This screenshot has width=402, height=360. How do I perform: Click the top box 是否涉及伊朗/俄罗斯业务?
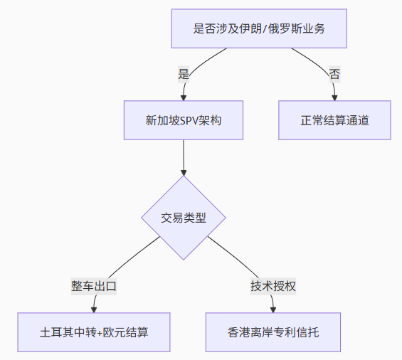pos(259,28)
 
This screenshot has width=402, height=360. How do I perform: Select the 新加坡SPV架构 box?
pos(184,120)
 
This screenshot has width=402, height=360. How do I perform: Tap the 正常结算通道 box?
pos(334,120)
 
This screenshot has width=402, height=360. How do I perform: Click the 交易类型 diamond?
pos(184,218)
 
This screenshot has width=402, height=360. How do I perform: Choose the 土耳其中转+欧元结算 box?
pos(94,332)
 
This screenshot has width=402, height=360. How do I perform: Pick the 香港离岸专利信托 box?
pos(273,332)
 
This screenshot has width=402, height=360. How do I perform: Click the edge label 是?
pos(184,74)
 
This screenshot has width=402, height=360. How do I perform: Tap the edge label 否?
pos(334,74)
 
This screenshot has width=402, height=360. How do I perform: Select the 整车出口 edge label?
pos(94,286)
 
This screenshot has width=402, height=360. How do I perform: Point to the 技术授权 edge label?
pos(273,286)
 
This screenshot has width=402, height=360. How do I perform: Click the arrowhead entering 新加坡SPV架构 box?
pos(184,97)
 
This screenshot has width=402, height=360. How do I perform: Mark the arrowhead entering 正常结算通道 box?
pos(334,97)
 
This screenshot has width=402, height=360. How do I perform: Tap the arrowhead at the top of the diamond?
pos(184,173)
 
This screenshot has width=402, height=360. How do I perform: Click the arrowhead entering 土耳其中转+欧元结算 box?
pos(94,309)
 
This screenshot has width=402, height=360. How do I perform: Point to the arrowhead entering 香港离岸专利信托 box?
pos(273,309)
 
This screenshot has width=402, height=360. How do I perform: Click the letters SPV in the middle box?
pos(189,120)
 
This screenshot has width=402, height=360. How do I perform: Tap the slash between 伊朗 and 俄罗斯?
pos(265,28)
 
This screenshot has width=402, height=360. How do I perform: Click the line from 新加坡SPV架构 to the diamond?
pos(184,154)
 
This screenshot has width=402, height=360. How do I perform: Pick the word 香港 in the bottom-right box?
pos(238,332)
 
